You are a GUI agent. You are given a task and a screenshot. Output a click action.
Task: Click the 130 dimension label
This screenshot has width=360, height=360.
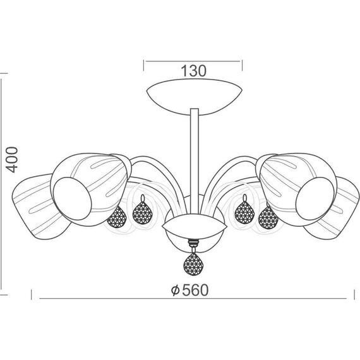193,71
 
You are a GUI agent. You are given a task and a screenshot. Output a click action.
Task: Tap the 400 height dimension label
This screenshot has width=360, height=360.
12,160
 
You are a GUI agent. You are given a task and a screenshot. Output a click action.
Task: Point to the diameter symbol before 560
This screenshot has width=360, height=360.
176,291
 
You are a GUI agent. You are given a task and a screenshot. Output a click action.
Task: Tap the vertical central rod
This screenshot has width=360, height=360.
195,160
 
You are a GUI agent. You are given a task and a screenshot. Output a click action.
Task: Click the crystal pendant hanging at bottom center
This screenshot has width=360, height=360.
193,263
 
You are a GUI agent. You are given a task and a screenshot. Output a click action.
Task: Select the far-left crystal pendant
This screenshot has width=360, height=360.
117,217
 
